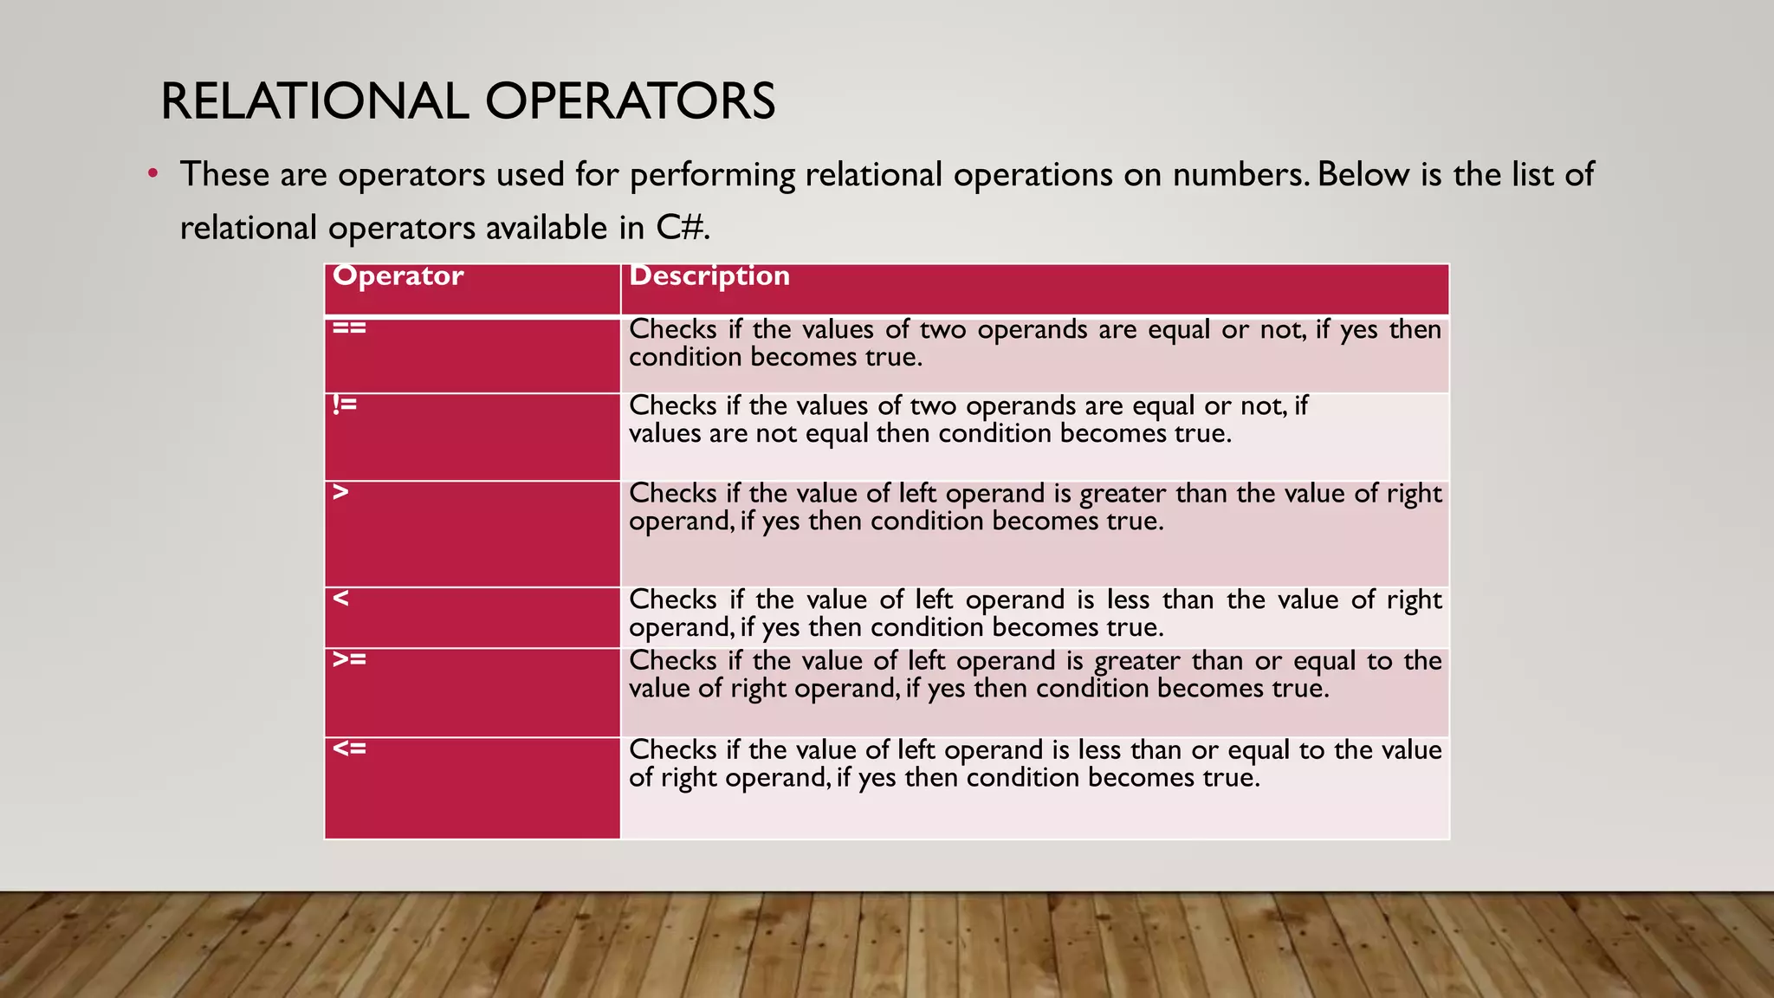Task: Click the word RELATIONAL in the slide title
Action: (314, 101)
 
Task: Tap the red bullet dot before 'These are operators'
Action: (152, 173)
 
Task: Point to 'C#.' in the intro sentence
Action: (683, 228)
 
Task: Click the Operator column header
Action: (398, 276)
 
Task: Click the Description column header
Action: (709, 276)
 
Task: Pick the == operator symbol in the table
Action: (350, 327)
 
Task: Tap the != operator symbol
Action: (345, 404)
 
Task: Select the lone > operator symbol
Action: (341, 492)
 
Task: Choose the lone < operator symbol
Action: (341, 598)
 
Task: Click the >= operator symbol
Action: (350, 659)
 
